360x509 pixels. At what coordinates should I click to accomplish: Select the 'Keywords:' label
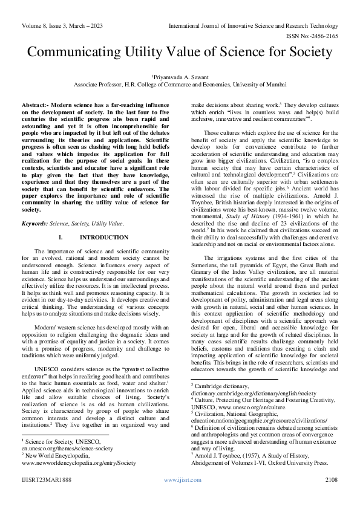[x=36, y=223]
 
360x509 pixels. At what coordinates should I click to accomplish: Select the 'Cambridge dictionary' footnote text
[x=221, y=384]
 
